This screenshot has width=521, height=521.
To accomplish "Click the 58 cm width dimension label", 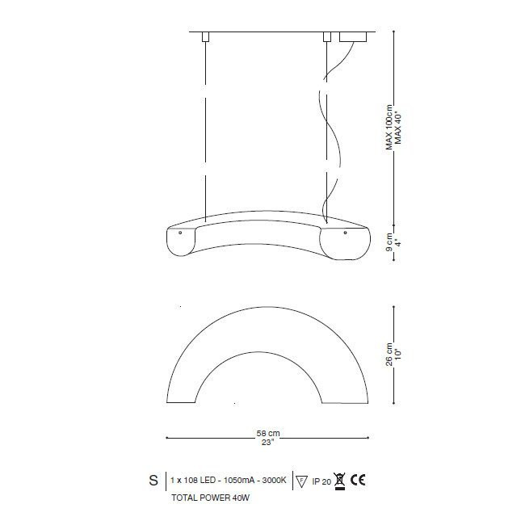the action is [x=268, y=433].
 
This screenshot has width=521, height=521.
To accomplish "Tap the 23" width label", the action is [x=268, y=443].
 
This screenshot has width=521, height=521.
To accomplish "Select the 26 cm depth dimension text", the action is [x=389, y=355].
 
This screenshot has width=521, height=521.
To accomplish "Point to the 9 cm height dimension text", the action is [x=389, y=242].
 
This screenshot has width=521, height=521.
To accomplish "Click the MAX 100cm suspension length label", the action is [x=389, y=128].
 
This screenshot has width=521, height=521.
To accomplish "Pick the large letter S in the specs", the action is [x=153, y=480].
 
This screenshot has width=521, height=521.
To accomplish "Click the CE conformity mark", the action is [x=358, y=480].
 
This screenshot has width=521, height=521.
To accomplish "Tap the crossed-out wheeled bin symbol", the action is [x=339, y=481].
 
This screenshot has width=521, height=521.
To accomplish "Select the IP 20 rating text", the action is [x=321, y=481].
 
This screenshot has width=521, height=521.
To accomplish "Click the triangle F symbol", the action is [x=301, y=481].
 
